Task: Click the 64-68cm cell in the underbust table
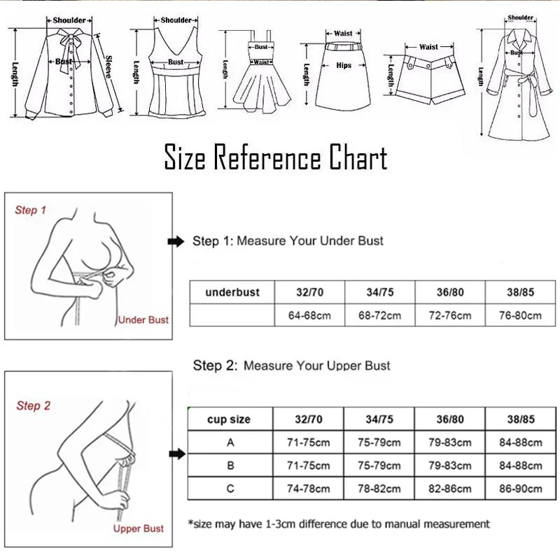point(309,315)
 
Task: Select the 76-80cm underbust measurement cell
point(520,315)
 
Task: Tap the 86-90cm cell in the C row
point(520,488)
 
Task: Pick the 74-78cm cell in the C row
point(308,488)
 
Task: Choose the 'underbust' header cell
point(232,292)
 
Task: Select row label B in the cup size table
point(230,465)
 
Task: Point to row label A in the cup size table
point(230,442)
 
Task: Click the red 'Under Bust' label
point(143,320)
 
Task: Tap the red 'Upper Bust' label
point(139,528)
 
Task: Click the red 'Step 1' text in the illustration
point(31,210)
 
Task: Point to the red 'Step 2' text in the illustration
point(33,406)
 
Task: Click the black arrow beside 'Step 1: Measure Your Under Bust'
point(176,241)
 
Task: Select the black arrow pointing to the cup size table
point(177,454)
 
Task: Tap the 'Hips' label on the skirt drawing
point(344,65)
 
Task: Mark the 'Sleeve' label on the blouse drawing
point(108,66)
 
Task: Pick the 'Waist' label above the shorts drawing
point(428,47)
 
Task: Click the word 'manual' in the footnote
point(401,524)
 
